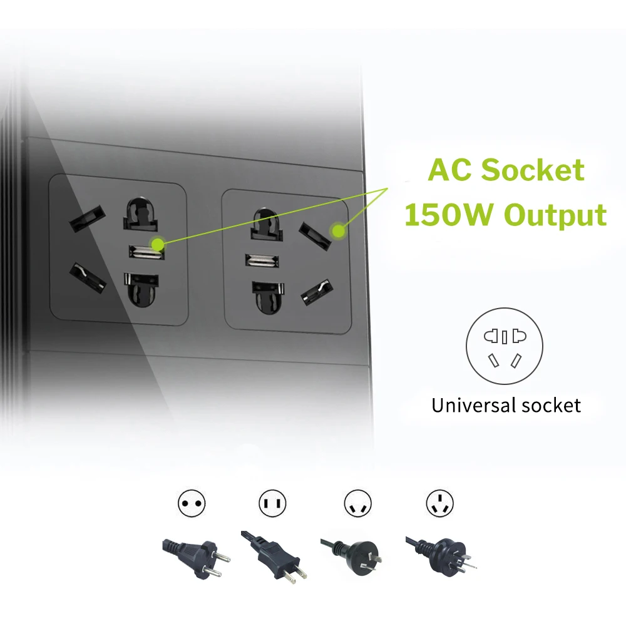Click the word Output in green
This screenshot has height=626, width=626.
(555, 214)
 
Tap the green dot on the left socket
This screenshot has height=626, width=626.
(158, 244)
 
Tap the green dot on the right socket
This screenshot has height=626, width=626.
(339, 232)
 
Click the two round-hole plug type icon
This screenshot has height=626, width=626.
(192, 503)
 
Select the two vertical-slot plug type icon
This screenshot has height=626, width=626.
(272, 503)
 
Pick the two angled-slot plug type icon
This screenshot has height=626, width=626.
(358, 503)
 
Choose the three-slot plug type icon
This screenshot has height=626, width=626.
(439, 503)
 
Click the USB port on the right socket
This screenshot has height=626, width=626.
(262, 260)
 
